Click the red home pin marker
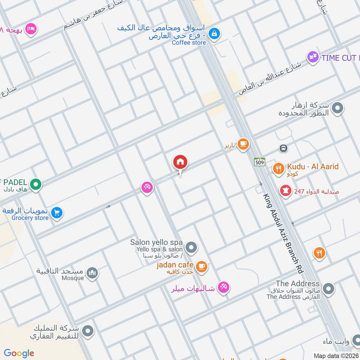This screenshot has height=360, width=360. (180, 162)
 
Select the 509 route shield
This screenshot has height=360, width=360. (259, 162)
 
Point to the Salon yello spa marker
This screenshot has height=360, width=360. (192, 247)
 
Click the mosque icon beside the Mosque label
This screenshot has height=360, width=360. (92, 273)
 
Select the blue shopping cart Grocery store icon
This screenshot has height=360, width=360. (56, 212)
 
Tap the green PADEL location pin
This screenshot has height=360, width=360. (36, 184)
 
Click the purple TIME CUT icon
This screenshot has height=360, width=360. (312, 58)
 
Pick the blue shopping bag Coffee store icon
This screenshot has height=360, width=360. (215, 33)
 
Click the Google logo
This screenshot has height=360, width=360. (19, 353)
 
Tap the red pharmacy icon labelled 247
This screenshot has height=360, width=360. (285, 191)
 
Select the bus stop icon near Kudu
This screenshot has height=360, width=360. (283, 148)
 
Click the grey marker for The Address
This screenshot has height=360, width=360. (328, 288)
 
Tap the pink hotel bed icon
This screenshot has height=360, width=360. (31, 29)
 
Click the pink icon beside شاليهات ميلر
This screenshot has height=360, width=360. (223, 287)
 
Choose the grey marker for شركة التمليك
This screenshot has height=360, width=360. (88, 331)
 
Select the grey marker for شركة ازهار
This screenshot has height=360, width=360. (337, 108)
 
